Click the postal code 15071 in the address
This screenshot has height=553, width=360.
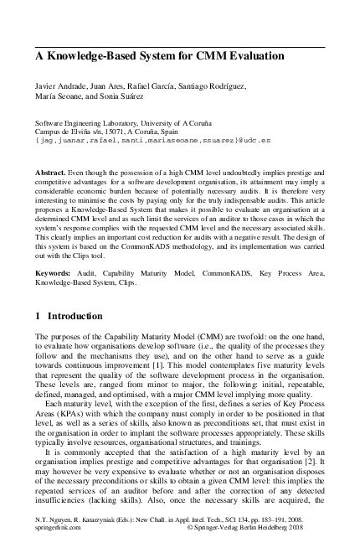pos(112,132)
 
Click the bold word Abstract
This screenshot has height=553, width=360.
pos(49,170)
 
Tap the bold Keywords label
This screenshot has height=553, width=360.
pos(54,272)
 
